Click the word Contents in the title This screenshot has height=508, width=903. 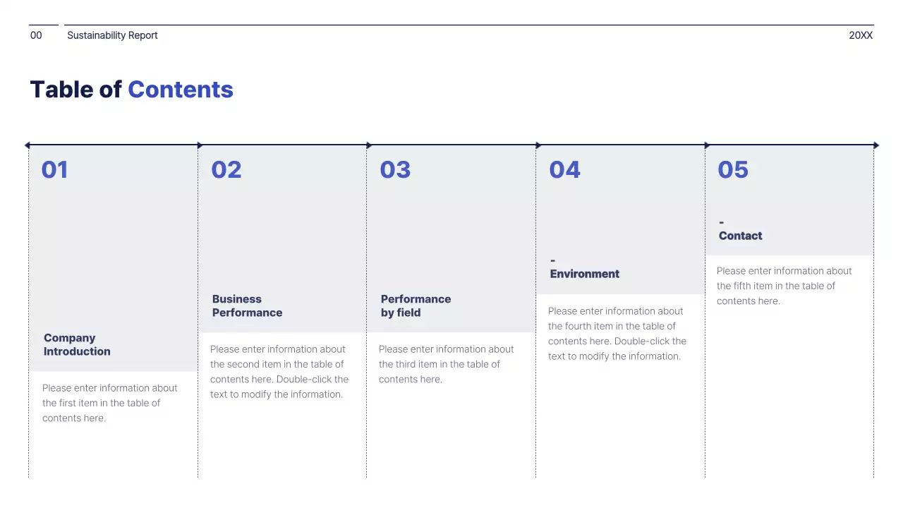[x=180, y=90]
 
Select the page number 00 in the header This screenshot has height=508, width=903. [x=36, y=35]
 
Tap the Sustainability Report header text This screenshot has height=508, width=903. [x=112, y=35]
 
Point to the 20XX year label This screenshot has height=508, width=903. [x=861, y=35]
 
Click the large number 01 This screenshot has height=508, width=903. [x=54, y=170]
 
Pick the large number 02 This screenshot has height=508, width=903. [x=226, y=170]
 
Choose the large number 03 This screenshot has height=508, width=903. [x=395, y=170]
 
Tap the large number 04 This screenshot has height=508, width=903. [x=564, y=170]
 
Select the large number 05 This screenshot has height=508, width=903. [x=733, y=170]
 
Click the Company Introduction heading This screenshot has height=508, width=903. [x=77, y=345]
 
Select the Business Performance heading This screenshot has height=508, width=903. [x=247, y=306]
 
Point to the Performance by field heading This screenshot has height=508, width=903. [x=416, y=306]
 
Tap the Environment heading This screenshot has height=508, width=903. [x=585, y=274]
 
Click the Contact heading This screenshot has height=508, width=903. [x=740, y=236]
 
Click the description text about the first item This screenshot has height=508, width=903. [x=109, y=403]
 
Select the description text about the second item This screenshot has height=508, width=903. [x=279, y=372]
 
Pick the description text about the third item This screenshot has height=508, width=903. [x=446, y=364]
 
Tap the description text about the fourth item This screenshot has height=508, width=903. [x=617, y=334]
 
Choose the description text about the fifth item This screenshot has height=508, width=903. [x=784, y=286]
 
